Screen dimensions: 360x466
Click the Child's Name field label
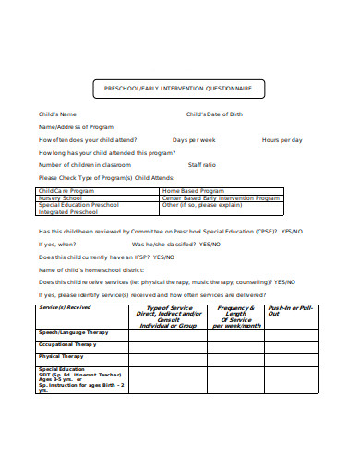click(57, 114)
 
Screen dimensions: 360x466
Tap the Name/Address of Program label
click(76, 126)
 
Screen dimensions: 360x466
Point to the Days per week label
click(195, 139)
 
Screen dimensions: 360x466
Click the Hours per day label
click(282, 139)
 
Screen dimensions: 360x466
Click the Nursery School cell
click(61, 197)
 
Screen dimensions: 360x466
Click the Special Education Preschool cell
click(78, 204)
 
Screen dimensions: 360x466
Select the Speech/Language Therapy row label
click(73, 331)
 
